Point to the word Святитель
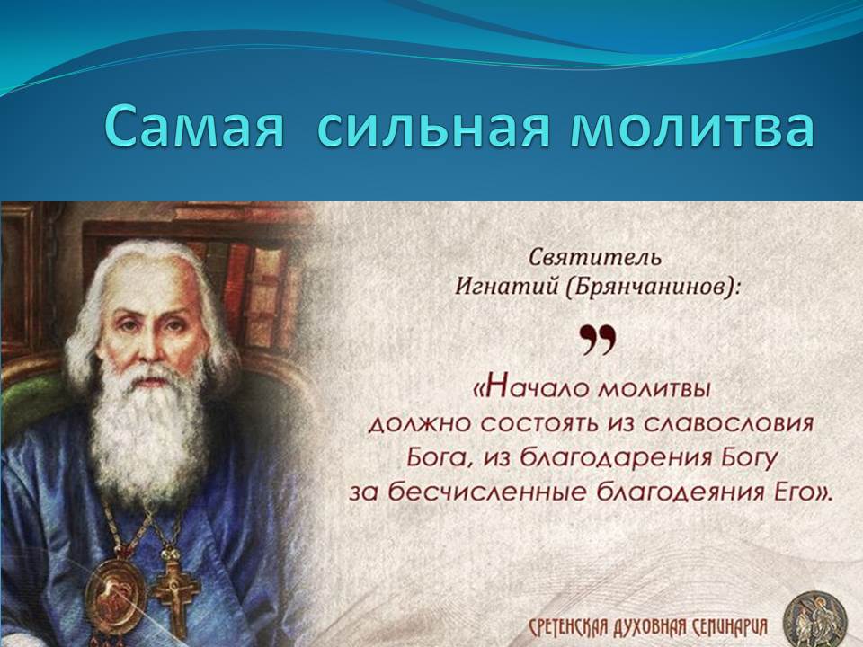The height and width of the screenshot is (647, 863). [595, 258]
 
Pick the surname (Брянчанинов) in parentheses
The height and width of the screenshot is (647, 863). [652, 287]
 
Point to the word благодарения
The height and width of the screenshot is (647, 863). [615, 457]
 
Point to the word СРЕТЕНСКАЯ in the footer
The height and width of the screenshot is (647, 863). [566, 626]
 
